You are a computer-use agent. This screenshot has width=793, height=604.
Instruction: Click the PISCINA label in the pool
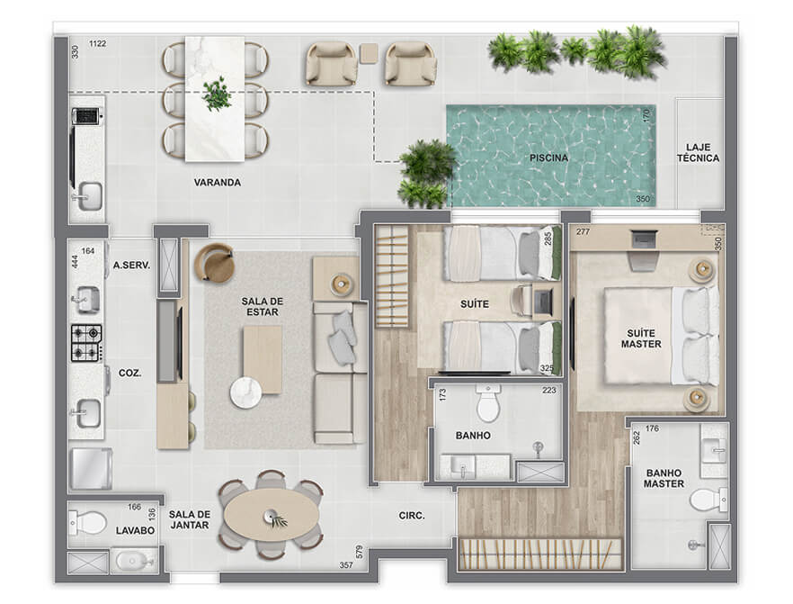[x=548, y=158]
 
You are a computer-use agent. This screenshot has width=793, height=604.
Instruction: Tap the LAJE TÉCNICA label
[x=698, y=153]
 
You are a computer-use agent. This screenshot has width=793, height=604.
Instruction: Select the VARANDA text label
[x=218, y=182]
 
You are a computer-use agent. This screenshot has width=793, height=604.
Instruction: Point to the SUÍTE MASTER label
[x=641, y=338]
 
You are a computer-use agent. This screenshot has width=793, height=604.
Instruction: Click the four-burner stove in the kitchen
[x=86, y=343]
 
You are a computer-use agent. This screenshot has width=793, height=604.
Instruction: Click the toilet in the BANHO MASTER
[x=709, y=500]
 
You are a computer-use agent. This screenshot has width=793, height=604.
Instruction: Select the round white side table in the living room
[x=245, y=392]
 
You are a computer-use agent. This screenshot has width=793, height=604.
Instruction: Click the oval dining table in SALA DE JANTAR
[x=272, y=516]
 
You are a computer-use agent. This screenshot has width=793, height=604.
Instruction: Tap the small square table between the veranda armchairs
[x=370, y=53]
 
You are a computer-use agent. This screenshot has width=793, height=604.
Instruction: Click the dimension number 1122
[x=98, y=43]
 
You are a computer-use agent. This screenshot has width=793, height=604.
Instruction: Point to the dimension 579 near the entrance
[x=359, y=552]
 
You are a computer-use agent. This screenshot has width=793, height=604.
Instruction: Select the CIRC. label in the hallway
[x=412, y=516]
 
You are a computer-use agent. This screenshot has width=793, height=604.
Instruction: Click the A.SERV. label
[x=131, y=265]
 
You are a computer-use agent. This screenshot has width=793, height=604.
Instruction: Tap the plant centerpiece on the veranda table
[x=217, y=95]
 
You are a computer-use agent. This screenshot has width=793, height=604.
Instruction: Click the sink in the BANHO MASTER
[x=714, y=450]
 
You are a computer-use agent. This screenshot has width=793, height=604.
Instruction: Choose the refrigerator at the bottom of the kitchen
[x=91, y=469]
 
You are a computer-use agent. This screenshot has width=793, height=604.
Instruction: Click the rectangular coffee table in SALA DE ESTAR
[x=263, y=359]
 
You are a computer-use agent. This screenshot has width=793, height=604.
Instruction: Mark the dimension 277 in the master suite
[x=583, y=232]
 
